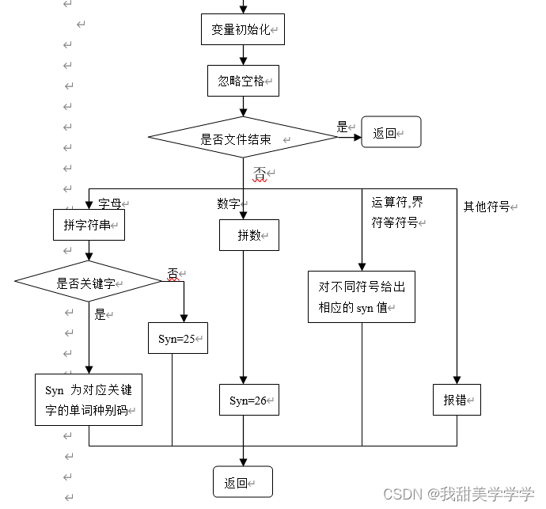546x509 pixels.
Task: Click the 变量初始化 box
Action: [242, 30]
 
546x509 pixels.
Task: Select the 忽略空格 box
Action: [243, 81]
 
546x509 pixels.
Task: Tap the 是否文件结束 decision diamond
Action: [243, 139]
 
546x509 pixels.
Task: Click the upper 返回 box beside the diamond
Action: [391, 133]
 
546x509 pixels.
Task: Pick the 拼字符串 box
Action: [89, 225]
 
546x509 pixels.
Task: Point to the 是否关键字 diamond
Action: [89, 283]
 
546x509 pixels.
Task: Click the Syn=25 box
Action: [177, 338]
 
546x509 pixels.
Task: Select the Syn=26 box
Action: [248, 400]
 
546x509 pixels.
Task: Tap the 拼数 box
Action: [248, 235]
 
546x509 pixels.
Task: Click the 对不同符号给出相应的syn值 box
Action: [362, 297]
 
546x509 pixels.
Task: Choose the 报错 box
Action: [457, 400]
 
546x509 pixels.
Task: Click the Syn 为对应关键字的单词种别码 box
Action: [89, 400]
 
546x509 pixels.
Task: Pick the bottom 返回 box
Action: [242, 482]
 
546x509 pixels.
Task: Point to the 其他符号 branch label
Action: [487, 207]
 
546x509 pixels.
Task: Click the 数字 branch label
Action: [229, 203]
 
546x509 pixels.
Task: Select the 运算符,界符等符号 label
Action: [397, 212]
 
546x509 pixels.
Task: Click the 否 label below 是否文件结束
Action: [260, 173]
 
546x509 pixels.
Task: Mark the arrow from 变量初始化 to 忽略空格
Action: [243, 55]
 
